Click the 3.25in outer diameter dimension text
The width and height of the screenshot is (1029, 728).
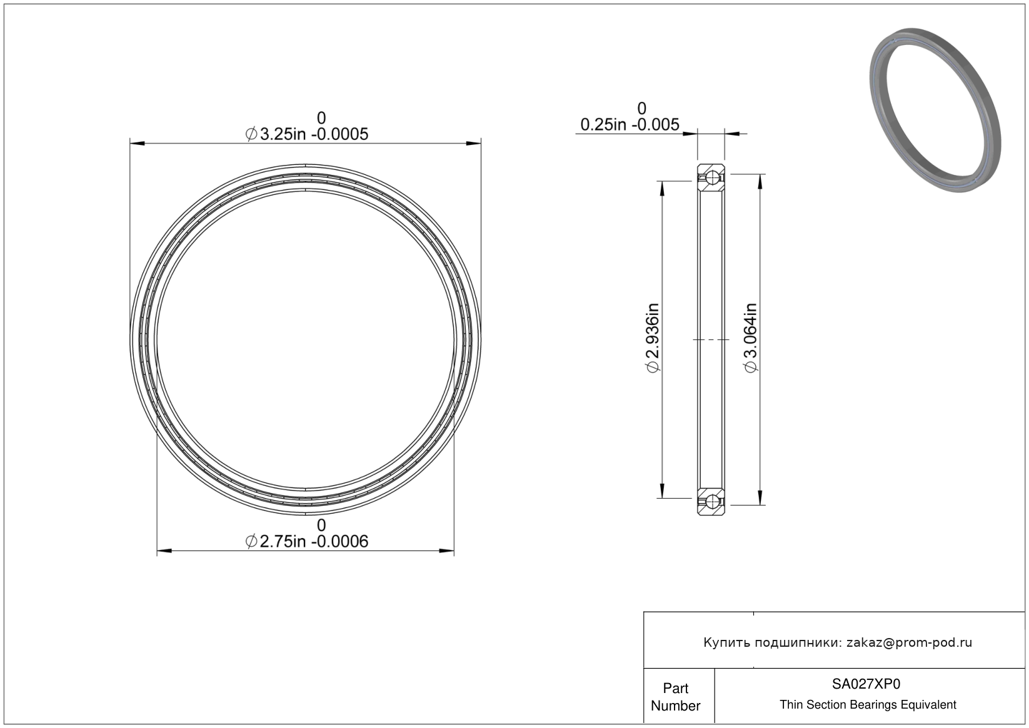pyautogui.click(x=307, y=134)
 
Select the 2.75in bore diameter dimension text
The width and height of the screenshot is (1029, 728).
pyautogui.click(x=307, y=542)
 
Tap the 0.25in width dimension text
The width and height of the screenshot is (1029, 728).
pyautogui.click(x=630, y=124)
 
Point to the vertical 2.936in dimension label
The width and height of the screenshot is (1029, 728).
pyautogui.click(x=653, y=338)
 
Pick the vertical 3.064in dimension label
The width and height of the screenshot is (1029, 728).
pyautogui.click(x=750, y=338)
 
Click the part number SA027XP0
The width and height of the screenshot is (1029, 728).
pyautogui.click(x=866, y=684)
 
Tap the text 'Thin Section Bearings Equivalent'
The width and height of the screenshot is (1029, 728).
pyautogui.click(x=868, y=705)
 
